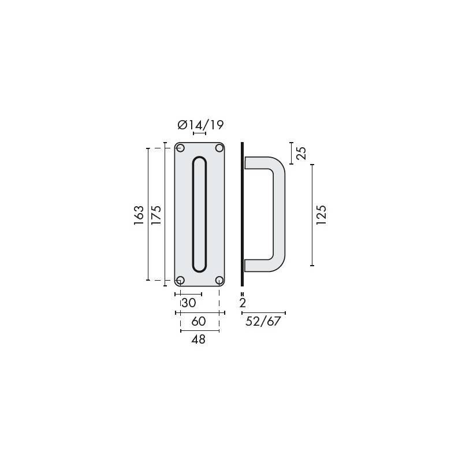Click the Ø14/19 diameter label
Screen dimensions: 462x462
click(200, 125)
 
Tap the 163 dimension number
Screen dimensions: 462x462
click(139, 215)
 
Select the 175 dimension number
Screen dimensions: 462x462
click(155, 215)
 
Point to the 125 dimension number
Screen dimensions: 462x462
click(322, 215)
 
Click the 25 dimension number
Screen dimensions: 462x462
click(300, 153)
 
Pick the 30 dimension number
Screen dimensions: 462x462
click(189, 303)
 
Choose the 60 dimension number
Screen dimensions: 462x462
click(199, 322)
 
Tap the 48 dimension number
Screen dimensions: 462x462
click(199, 340)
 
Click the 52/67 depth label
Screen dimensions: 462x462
click(263, 322)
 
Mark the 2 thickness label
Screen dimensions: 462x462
click(243, 303)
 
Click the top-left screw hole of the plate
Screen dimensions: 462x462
click(180, 148)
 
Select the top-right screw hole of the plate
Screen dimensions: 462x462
click(219, 148)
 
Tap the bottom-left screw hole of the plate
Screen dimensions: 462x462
click(180, 281)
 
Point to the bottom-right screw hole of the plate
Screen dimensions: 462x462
click(219, 281)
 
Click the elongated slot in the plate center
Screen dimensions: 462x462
click(199, 214)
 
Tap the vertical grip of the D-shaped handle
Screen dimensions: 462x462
click(278, 214)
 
